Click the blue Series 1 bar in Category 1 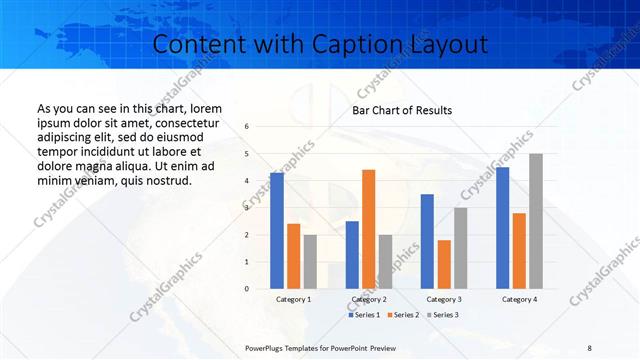(277, 231)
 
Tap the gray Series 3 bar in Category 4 (536, 221)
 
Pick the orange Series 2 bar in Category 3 (444, 264)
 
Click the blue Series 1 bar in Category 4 (502, 228)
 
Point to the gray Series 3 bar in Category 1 (310, 262)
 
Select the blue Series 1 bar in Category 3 (427, 241)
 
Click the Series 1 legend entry (364, 315)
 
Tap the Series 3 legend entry (442, 315)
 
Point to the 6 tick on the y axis (247, 127)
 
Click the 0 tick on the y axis (247, 289)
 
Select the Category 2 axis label (369, 299)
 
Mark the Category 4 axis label (519, 299)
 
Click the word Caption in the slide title (359, 45)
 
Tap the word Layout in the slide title (447, 45)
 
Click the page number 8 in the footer (589, 346)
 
